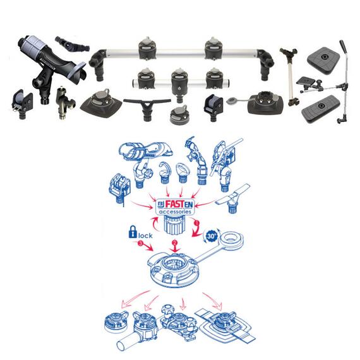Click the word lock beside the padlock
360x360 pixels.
pos(145,236)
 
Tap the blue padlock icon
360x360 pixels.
pos(133,232)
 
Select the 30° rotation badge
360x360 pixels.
pos(211,236)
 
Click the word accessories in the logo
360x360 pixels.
pos(175,212)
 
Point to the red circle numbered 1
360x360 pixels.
pos(196,222)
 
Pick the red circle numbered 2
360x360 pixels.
pos(175,243)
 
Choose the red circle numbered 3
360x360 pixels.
pos(140,243)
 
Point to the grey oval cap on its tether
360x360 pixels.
pos(232,100)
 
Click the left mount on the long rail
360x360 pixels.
pos(148,49)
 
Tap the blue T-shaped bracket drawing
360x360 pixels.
pos(232,198)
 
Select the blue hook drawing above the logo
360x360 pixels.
pos(164,172)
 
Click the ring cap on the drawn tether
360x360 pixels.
pos(231,241)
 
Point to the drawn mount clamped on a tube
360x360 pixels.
pos(142,330)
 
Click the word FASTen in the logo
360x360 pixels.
pos(179,204)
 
